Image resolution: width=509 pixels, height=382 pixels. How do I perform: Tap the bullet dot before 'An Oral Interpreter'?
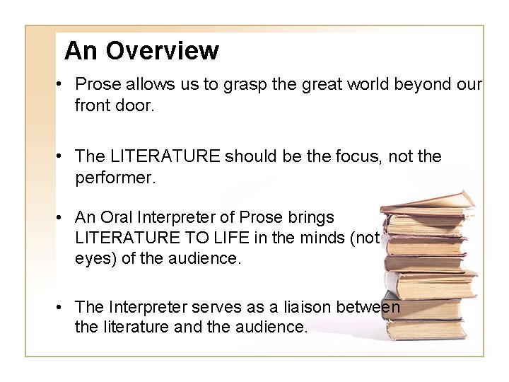[x=63, y=216]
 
